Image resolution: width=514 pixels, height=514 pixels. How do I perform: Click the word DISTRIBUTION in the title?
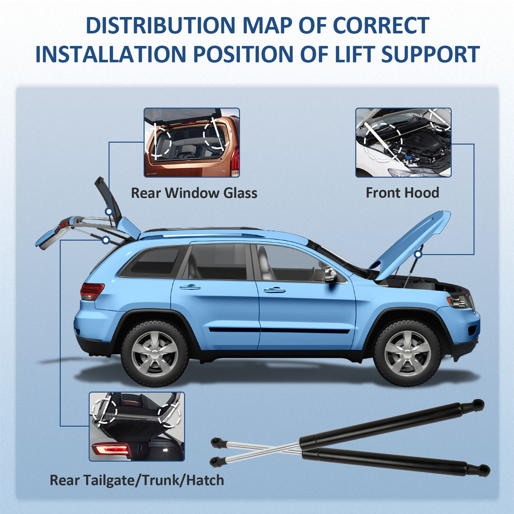click(x=161, y=25)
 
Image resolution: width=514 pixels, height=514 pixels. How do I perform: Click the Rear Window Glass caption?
click(x=194, y=193)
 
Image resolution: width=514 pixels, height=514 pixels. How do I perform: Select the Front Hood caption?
click(x=402, y=193)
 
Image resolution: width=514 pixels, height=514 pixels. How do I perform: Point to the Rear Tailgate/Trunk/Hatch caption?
click(x=137, y=480)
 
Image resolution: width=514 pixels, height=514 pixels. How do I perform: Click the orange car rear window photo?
click(x=192, y=142)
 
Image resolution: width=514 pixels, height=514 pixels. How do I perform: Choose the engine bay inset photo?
click(x=403, y=142)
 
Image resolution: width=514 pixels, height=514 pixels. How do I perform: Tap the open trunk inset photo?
click(x=137, y=426)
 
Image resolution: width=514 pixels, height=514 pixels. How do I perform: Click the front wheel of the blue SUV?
click(x=407, y=353)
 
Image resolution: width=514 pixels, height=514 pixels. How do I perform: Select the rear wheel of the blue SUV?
click(x=155, y=353)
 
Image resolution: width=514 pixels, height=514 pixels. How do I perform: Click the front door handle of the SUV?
click(x=274, y=290)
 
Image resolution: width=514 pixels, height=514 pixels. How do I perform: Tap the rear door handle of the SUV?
click(x=190, y=287)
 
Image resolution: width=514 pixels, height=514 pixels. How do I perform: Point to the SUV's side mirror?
click(x=331, y=275)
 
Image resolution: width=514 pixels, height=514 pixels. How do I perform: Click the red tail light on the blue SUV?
click(x=92, y=291)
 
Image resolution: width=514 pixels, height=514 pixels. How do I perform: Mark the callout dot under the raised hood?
click(x=418, y=254)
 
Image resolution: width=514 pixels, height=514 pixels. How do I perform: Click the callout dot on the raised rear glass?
click(x=109, y=211)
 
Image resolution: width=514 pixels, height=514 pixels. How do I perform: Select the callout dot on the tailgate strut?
click(x=106, y=240)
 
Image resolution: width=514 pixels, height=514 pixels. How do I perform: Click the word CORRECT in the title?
click(x=381, y=25)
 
